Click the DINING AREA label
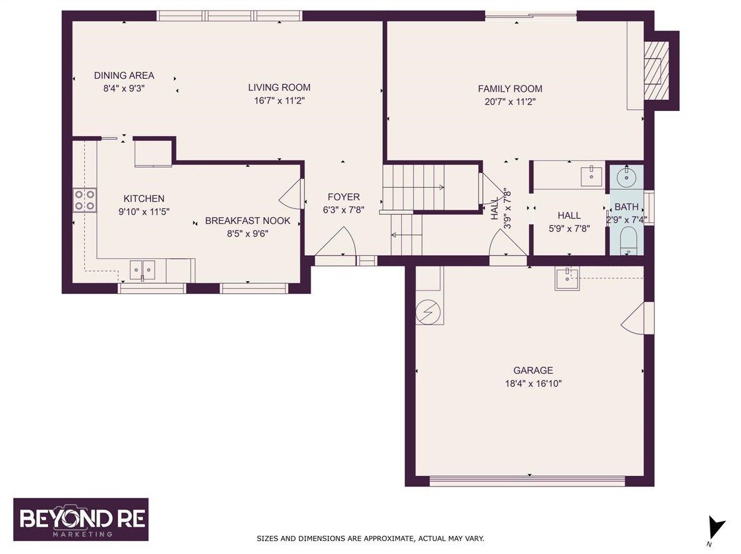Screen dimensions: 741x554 (124, 75)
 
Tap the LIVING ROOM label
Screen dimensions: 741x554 (279, 87)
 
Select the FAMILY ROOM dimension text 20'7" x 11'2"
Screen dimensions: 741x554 (510, 102)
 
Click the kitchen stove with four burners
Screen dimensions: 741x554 (85, 200)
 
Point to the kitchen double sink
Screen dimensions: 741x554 (142, 270)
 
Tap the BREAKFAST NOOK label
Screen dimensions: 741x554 (248, 221)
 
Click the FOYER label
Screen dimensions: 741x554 (344, 197)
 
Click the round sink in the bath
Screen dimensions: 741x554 (627, 177)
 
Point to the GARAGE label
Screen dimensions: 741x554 (533, 371)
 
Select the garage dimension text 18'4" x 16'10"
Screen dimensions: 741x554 (533, 383)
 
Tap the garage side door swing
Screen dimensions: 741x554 (633, 318)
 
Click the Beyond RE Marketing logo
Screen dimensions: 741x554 (81, 520)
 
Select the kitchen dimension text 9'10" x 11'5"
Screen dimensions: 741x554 (143, 211)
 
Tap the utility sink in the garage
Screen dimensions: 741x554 (567, 278)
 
